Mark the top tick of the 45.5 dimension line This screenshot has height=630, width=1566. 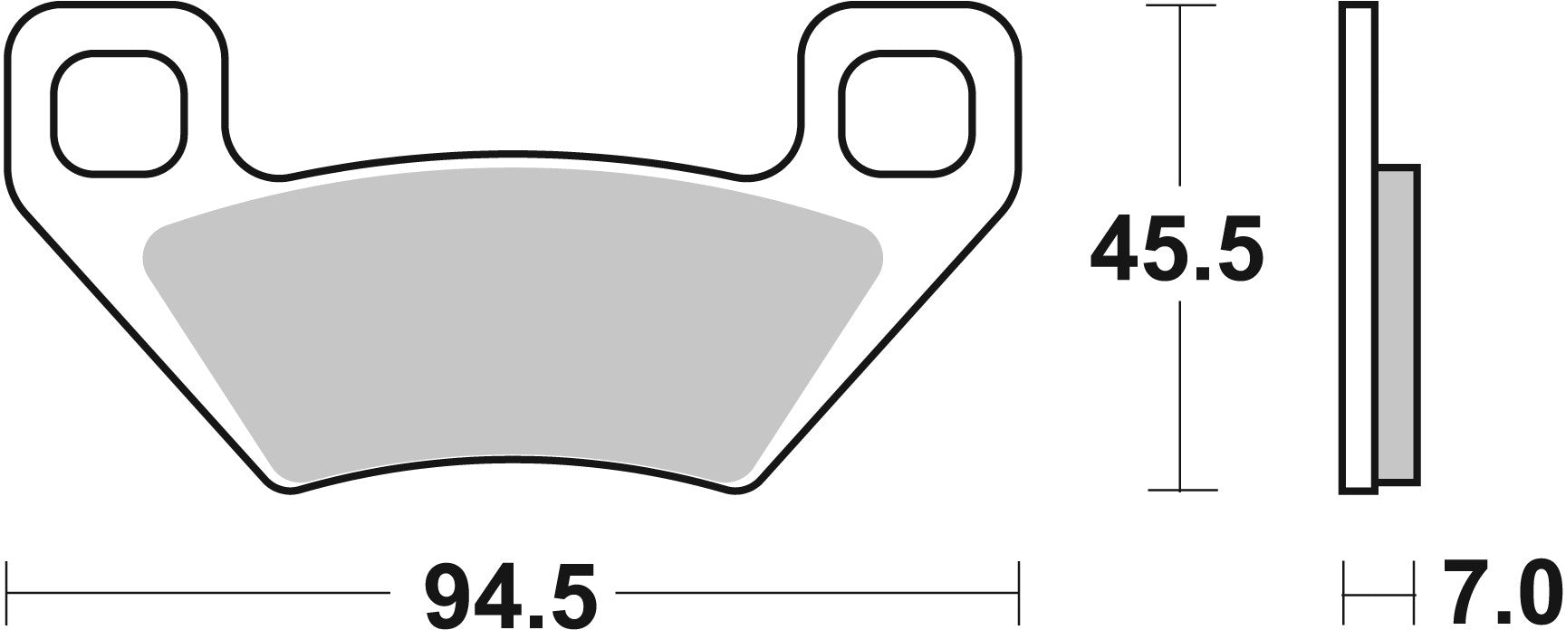(1181, 7)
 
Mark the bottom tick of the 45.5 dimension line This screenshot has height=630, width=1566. (1181, 490)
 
